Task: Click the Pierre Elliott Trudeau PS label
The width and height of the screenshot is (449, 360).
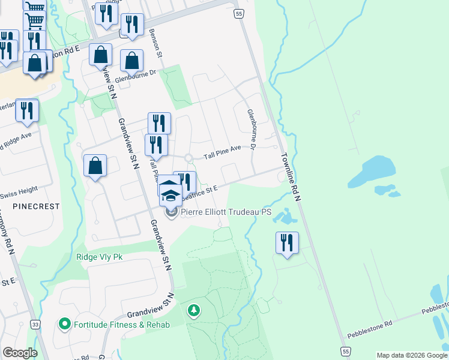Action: (x=226, y=212)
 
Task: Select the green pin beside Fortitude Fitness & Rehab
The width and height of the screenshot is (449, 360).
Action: (x=65, y=325)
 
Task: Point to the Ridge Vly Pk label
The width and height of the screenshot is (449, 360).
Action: (x=99, y=257)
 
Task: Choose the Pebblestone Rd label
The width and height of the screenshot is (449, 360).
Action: (x=372, y=323)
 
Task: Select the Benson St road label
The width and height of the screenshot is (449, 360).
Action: (x=156, y=43)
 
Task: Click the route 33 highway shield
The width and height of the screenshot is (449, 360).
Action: (x=36, y=325)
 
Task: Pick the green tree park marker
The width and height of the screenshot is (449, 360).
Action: (x=193, y=310)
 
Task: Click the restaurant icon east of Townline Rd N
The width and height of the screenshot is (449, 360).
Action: (x=287, y=243)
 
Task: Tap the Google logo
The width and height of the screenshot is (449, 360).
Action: (x=20, y=353)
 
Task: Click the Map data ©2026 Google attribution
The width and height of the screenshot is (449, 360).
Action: (x=412, y=355)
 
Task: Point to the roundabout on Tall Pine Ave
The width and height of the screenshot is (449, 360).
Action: (x=188, y=158)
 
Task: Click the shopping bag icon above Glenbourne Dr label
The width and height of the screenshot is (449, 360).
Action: (x=131, y=61)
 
